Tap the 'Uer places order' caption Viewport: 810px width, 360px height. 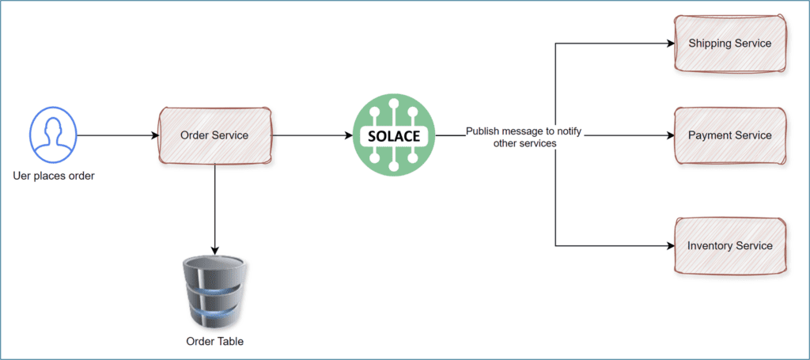55,176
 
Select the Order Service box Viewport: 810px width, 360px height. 215,135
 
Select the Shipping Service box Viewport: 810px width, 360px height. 729,43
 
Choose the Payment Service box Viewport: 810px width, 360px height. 729,135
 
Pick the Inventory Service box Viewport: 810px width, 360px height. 729,245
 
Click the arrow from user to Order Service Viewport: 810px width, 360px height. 119,135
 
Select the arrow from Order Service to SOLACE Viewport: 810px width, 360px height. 312,135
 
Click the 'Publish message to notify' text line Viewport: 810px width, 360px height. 524,131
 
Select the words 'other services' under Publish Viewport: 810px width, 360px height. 524,143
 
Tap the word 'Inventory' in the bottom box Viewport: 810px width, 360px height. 710,245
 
